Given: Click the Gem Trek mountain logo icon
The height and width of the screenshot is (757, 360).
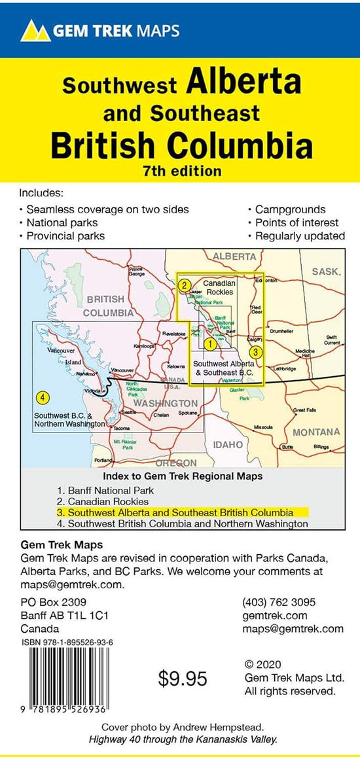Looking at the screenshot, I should coord(35,29).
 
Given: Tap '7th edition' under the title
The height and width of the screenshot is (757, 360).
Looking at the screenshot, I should coord(181,171).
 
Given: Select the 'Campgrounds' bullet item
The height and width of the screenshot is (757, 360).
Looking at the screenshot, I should coord(290,209).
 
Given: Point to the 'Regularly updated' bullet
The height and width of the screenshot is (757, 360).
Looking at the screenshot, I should coord(300,236).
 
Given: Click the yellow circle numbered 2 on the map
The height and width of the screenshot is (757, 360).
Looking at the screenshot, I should coord(185,285).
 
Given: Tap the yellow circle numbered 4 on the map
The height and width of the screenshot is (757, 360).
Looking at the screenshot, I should coord(43,397).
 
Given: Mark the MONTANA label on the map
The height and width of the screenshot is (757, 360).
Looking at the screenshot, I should coord(316,432).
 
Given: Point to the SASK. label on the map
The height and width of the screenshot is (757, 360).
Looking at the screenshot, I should coord(325,272).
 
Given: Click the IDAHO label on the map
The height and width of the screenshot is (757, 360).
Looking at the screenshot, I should coord(227,445).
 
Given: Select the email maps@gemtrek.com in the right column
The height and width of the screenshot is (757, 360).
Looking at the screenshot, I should coord(293,629).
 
